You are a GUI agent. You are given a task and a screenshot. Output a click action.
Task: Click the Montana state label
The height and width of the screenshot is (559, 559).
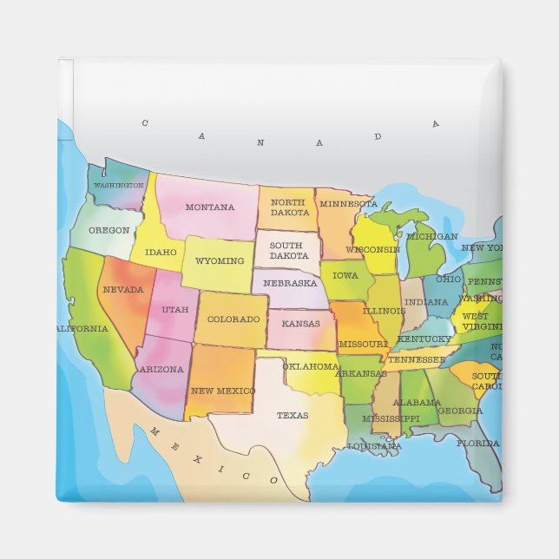209,207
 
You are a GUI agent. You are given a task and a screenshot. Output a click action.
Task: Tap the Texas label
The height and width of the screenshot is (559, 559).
292,415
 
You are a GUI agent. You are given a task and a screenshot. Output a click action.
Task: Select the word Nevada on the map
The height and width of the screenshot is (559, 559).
122,289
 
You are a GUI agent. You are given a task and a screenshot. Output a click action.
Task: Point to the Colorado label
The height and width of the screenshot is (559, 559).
233,319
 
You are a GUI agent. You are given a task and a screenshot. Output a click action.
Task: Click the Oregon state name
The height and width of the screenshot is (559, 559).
109,230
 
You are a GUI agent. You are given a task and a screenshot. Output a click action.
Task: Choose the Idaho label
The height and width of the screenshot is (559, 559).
161,253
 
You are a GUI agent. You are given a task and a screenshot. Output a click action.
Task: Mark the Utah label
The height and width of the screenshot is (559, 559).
174,309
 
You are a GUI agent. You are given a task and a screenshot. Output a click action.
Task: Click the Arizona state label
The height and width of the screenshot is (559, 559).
161,369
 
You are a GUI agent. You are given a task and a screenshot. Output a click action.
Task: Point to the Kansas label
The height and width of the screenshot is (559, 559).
300,323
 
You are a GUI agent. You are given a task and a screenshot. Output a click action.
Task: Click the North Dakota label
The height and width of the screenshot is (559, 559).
288,207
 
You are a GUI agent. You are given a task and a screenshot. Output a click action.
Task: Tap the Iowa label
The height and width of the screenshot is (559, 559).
345,275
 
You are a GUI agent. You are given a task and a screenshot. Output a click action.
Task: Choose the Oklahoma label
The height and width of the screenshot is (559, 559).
310,366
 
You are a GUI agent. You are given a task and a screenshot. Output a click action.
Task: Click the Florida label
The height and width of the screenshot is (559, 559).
478,443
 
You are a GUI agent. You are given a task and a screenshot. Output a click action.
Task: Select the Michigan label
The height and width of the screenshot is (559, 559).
431,236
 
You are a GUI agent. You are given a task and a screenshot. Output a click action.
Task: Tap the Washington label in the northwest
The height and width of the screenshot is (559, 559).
118,185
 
